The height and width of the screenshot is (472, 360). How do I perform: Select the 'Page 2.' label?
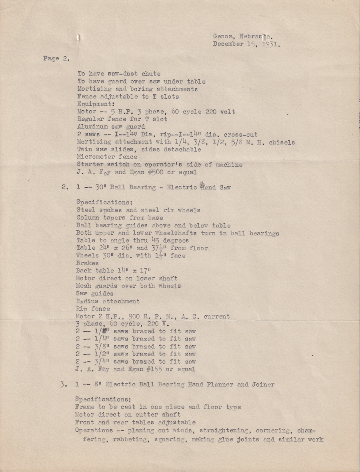click(x=56, y=58)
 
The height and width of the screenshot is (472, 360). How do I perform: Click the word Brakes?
click(x=87, y=263)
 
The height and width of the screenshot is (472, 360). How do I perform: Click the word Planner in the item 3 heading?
click(x=221, y=384)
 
